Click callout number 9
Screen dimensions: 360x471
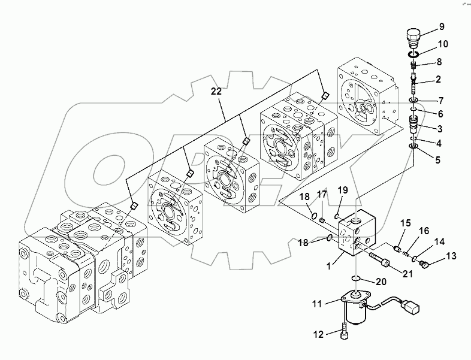point(442,26)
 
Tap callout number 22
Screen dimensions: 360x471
point(216,91)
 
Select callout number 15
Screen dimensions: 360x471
point(404,223)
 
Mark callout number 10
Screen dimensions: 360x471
point(442,44)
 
